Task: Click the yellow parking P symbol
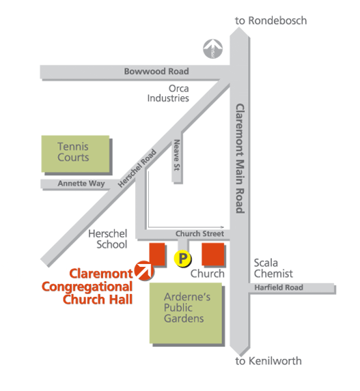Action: (182, 259)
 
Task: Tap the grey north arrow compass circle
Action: (212, 49)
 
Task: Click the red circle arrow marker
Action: (144, 270)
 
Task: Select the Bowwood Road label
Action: (156, 72)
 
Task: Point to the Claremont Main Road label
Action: (240, 158)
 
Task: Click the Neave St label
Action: (177, 155)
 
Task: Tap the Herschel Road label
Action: (137, 169)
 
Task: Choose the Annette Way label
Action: (81, 184)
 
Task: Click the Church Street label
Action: (199, 233)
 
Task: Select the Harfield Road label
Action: (279, 287)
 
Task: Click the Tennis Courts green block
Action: (75, 154)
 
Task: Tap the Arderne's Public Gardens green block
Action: (186, 313)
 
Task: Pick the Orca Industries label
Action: (168, 93)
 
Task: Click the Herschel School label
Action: (108, 239)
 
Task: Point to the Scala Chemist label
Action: (273, 268)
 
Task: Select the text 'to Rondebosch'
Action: (271, 20)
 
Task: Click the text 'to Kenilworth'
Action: (268, 361)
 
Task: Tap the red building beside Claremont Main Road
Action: (213, 254)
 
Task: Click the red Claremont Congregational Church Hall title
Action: (87, 287)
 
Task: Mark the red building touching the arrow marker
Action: (157, 254)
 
